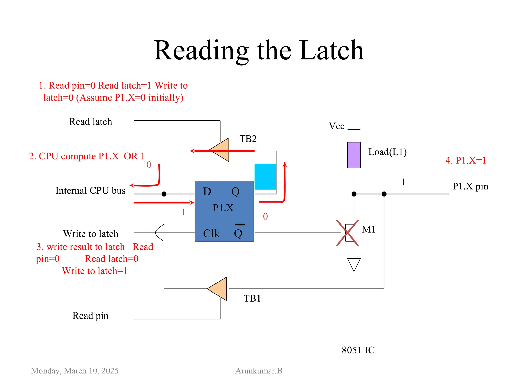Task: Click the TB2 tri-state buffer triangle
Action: pyautogui.click(x=221, y=150)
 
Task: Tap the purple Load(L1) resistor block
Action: pyautogui.click(x=354, y=155)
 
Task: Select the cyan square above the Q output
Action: pyautogui.click(x=265, y=177)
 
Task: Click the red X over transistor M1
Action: pyautogui.click(x=347, y=233)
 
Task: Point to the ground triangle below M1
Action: pyautogui.click(x=354, y=264)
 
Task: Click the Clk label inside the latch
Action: pyautogui.click(x=211, y=233)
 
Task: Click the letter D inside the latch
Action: pyautogui.click(x=207, y=192)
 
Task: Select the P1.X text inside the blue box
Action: pyautogui.click(x=223, y=208)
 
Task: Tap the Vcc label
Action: pyautogui.click(x=336, y=126)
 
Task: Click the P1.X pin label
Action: pyautogui.click(x=470, y=186)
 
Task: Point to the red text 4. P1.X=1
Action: pyautogui.click(x=465, y=160)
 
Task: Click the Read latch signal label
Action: pyautogui.click(x=91, y=122)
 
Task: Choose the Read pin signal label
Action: pyautogui.click(x=91, y=316)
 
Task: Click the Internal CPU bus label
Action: pyautogui.click(x=91, y=191)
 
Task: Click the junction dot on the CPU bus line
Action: pyautogui.click(x=164, y=194)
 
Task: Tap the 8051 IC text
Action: pyautogui.click(x=358, y=350)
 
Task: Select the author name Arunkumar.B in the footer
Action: pyautogui.click(x=259, y=371)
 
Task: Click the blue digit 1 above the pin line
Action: pyautogui.click(x=403, y=182)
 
